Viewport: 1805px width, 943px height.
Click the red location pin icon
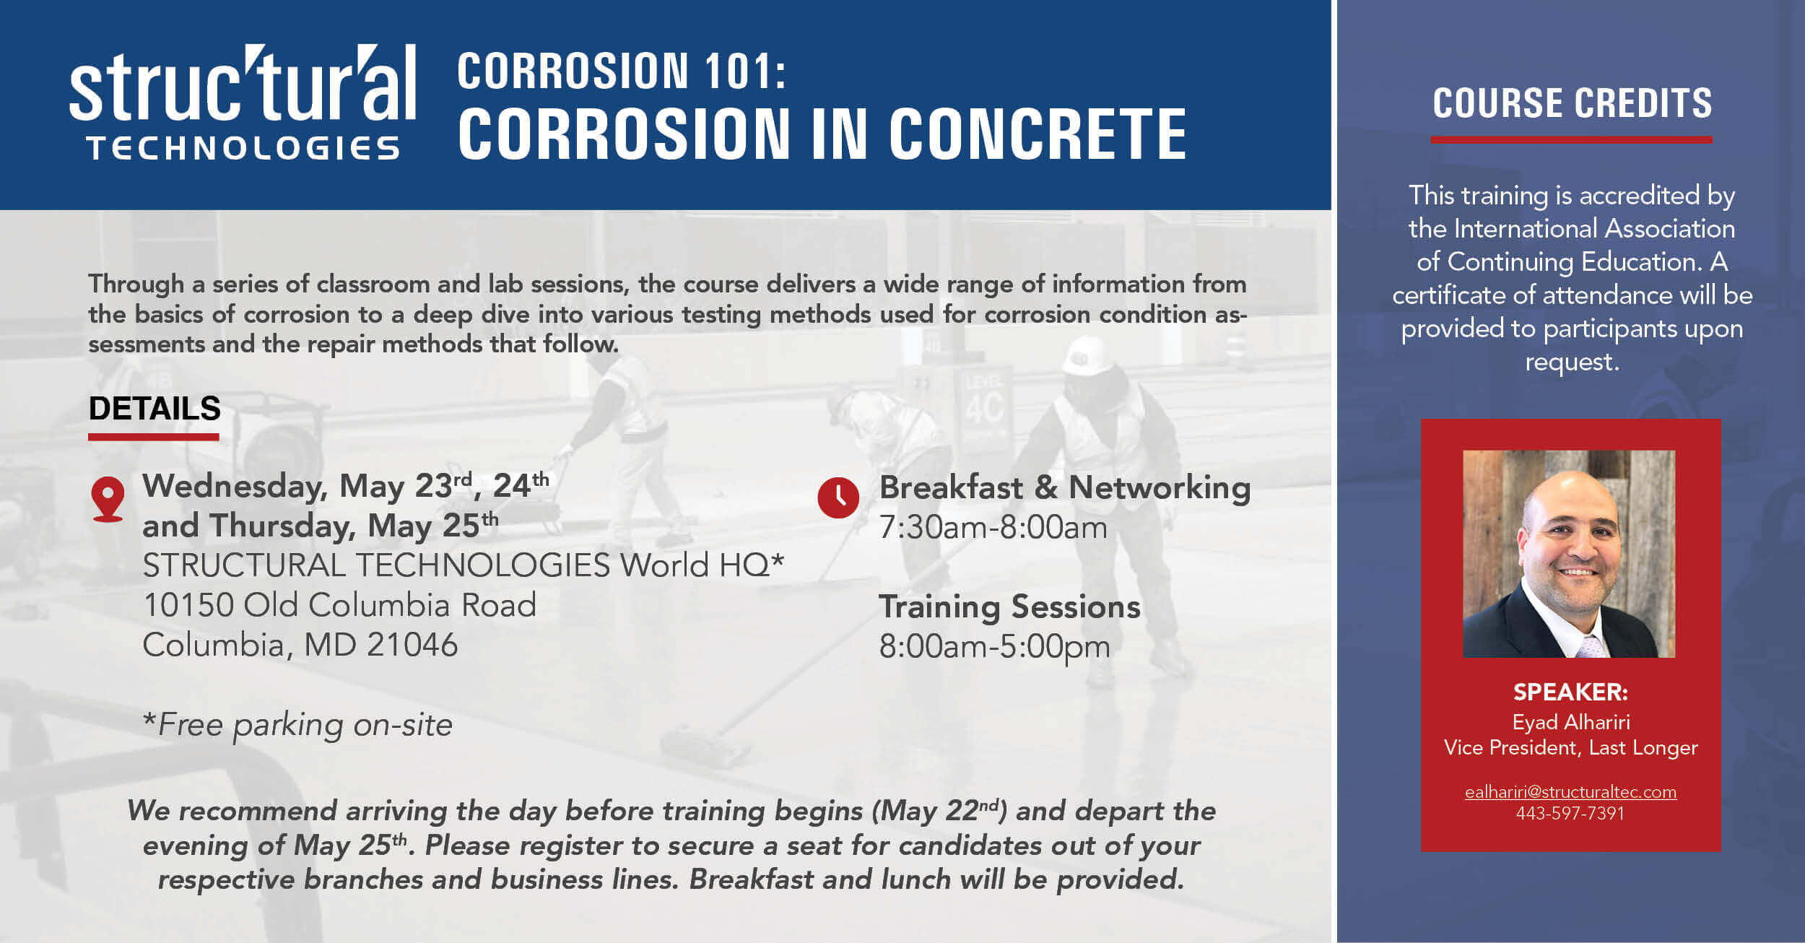108,499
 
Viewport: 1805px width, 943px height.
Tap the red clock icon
838,497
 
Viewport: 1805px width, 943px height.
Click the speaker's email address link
1570,792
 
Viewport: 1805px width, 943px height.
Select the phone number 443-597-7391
1570,813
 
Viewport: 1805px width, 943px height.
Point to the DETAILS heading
155,409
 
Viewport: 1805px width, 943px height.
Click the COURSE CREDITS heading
1572,103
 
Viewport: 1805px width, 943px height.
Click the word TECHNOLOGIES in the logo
243,148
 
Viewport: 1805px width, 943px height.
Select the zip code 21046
412,645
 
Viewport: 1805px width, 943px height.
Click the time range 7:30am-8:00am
993,528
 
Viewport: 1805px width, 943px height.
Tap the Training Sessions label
1009,607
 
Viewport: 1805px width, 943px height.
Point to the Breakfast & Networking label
1064,487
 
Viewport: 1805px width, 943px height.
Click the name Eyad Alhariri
1571,722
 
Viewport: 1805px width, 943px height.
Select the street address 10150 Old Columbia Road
339,605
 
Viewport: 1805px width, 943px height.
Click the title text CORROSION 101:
622,71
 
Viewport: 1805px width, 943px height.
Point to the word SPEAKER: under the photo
1570,692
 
